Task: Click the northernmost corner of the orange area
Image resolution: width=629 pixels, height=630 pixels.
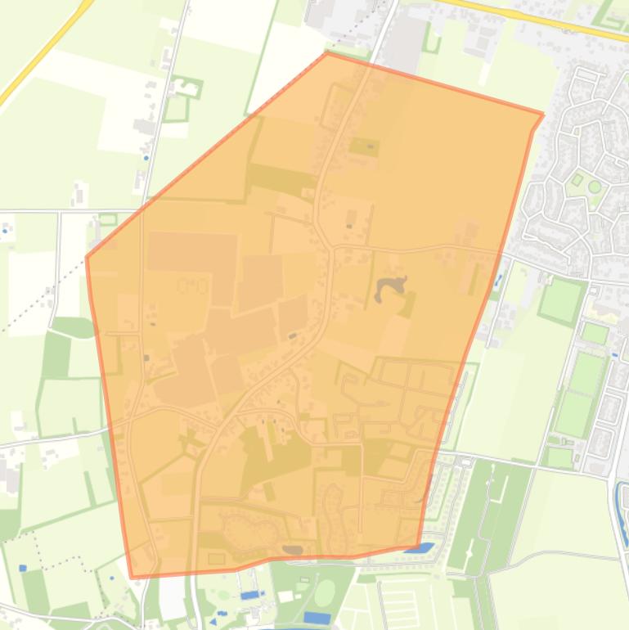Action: [327, 54]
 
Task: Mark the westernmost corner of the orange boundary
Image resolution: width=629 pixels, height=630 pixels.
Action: [87, 259]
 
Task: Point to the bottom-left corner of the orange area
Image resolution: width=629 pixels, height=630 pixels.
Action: [133, 578]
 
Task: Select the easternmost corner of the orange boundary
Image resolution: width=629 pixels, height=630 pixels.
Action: [543, 115]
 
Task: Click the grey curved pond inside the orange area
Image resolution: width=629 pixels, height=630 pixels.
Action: [390, 289]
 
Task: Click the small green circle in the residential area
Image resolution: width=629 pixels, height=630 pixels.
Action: [595, 187]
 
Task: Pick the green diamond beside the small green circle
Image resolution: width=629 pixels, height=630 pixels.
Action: [577, 179]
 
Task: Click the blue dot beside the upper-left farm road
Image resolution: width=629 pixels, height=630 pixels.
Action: [146, 157]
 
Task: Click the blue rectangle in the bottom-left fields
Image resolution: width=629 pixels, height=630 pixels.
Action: [22, 568]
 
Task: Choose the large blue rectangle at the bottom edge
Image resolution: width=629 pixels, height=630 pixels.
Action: [317, 618]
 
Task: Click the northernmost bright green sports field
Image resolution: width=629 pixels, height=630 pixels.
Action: [563, 300]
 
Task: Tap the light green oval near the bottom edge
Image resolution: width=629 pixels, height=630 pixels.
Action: [325, 592]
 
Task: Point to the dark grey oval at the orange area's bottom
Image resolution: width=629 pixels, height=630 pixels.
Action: [291, 550]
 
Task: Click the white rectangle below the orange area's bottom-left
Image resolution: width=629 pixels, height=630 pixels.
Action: [173, 601]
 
